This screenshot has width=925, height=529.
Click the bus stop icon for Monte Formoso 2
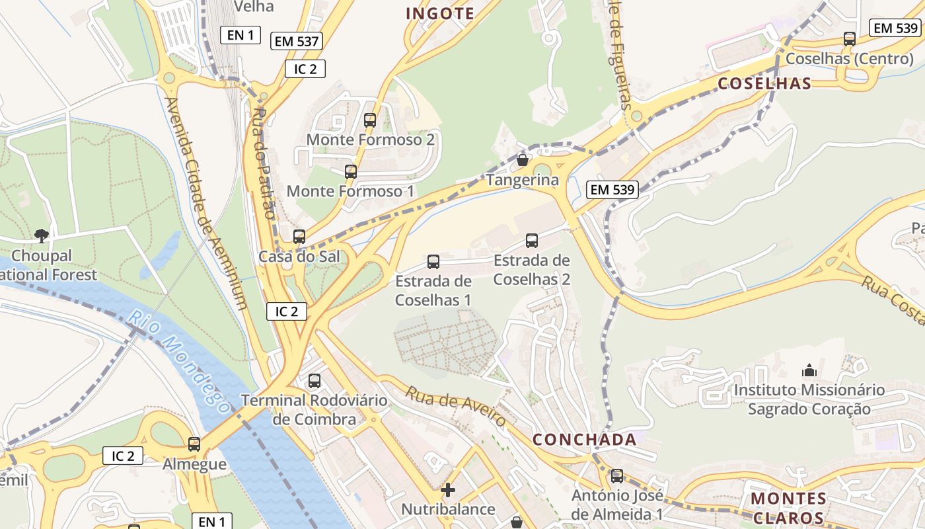370,120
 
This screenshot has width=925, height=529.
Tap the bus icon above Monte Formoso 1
351,172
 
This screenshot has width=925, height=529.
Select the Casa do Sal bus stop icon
299,237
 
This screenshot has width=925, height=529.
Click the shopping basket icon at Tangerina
523,160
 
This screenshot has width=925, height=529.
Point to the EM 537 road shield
296,41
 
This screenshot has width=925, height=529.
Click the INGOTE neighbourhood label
440,13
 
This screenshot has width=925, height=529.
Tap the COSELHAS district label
764,83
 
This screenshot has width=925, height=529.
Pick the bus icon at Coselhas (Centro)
850,39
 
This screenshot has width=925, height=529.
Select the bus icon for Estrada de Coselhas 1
433,262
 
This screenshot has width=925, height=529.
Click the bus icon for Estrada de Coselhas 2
532,241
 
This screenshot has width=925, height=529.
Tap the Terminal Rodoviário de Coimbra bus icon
314,381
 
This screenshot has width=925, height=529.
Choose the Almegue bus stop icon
194,444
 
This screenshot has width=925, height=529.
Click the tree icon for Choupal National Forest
42,235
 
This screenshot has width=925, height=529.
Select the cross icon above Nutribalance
448,490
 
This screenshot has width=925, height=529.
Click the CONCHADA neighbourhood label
585,440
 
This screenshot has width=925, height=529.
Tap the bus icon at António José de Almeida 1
617,476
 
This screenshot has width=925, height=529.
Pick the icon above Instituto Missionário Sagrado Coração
809,370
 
